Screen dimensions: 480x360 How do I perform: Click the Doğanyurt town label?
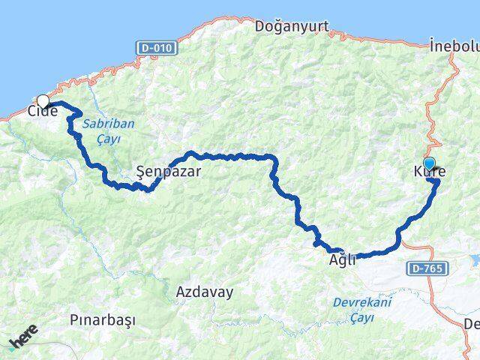click(292, 26)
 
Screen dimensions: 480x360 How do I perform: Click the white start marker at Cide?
click(43, 101)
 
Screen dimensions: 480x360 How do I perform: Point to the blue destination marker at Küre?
click(429, 163)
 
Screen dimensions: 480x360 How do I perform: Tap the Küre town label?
click(430, 172)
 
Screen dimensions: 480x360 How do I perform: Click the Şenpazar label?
click(169, 171)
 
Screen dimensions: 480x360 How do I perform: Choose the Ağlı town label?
click(342, 261)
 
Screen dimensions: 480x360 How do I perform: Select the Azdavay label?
click(204, 291)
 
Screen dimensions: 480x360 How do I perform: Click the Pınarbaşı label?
click(102, 319)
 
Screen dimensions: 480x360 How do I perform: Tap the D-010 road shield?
click(157, 48)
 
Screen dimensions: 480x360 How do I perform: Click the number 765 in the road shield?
click(430, 267)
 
